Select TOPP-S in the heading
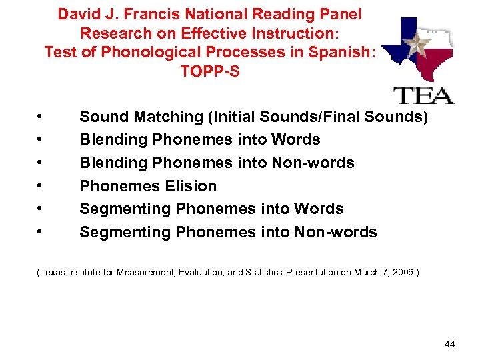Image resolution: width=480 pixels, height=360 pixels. coord(209,71)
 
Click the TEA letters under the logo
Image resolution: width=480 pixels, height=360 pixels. coord(425,95)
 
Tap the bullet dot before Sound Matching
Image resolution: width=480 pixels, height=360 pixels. coord(41,117)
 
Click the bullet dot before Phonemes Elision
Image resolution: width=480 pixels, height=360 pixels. coord(41,187)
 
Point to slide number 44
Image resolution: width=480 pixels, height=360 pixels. coord(449,344)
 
